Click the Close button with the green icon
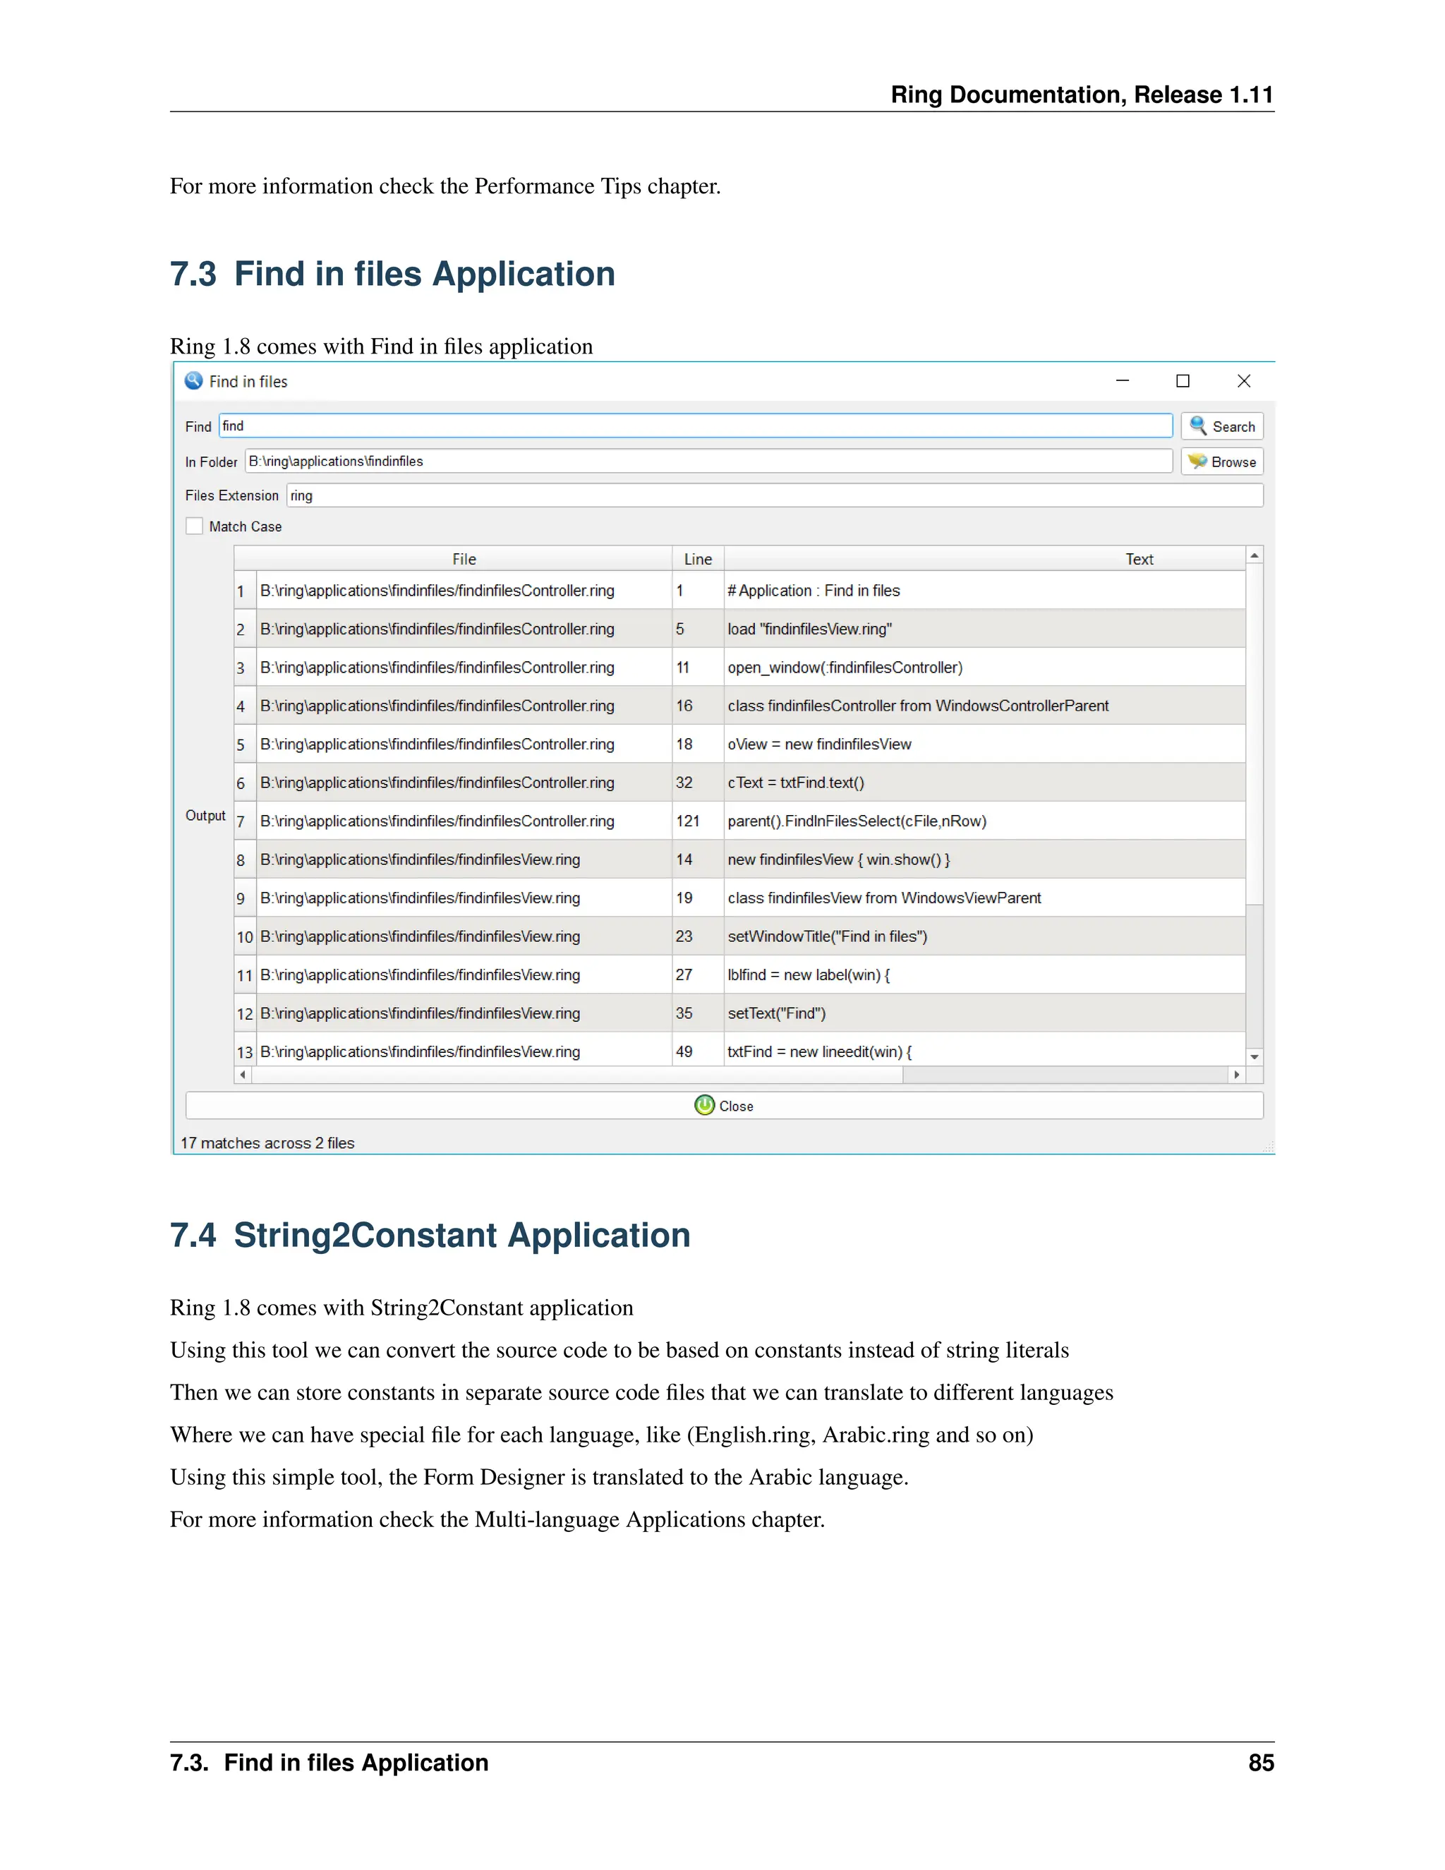pos(724,1105)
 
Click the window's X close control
pos(1244,381)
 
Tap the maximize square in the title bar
pos(1183,381)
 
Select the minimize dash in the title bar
pos(1123,381)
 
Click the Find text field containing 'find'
pos(695,426)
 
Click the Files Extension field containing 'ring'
pos(774,496)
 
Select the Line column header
pos(698,559)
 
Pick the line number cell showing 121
pos(688,821)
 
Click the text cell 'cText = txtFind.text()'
pos(796,783)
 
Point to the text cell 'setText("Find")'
pos(776,1013)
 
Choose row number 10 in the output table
pos(245,936)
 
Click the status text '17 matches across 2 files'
pos(267,1143)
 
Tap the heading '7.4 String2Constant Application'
pos(430,1236)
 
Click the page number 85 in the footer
pos(1260,1763)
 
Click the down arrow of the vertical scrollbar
pos(1254,1058)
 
